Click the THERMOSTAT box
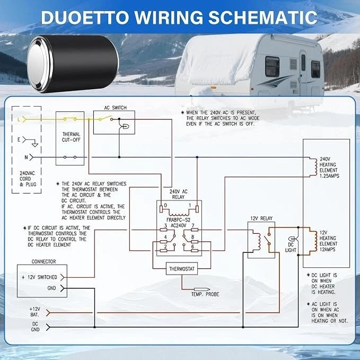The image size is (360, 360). tap(182, 269)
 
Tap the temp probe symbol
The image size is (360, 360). tap(202, 289)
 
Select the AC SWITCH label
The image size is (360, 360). tap(115, 108)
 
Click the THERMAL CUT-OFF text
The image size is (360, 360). tap(71, 137)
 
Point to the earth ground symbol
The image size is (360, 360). tap(34, 145)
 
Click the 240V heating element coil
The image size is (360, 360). tap(313, 167)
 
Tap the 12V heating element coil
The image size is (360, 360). tap(313, 241)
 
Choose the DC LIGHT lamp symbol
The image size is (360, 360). tap(292, 239)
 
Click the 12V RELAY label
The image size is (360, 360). tap(261, 218)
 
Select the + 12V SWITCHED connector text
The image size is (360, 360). tap(39, 277)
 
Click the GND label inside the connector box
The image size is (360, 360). tap(51, 288)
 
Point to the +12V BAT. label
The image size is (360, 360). tap(34, 312)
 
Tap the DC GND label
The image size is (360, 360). tap(35, 327)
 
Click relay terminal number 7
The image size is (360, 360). tap(193, 225)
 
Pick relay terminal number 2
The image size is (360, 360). tap(165, 247)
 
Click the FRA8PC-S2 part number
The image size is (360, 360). tap(178, 219)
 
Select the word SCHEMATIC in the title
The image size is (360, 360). tap(263, 17)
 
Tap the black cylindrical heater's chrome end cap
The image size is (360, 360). tap(39, 64)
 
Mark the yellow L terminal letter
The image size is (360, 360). tap(19, 119)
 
